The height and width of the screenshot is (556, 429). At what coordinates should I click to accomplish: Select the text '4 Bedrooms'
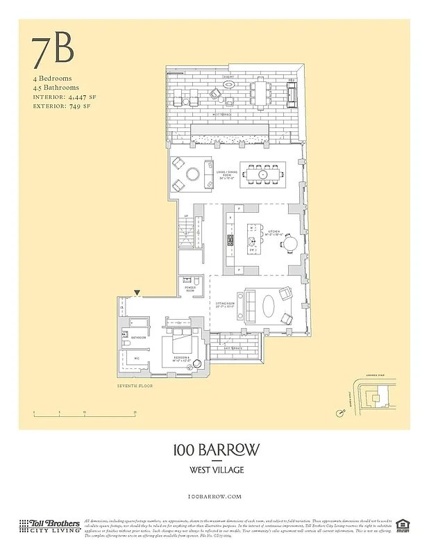(52, 79)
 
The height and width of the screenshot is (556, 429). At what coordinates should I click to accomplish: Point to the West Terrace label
(221, 113)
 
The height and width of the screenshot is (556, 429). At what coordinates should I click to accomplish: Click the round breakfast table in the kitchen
(289, 243)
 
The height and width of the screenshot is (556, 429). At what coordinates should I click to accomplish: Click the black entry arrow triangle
(137, 293)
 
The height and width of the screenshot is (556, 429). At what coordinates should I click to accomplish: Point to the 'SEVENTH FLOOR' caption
(135, 386)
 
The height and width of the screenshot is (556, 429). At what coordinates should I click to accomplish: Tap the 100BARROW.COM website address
(214, 496)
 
